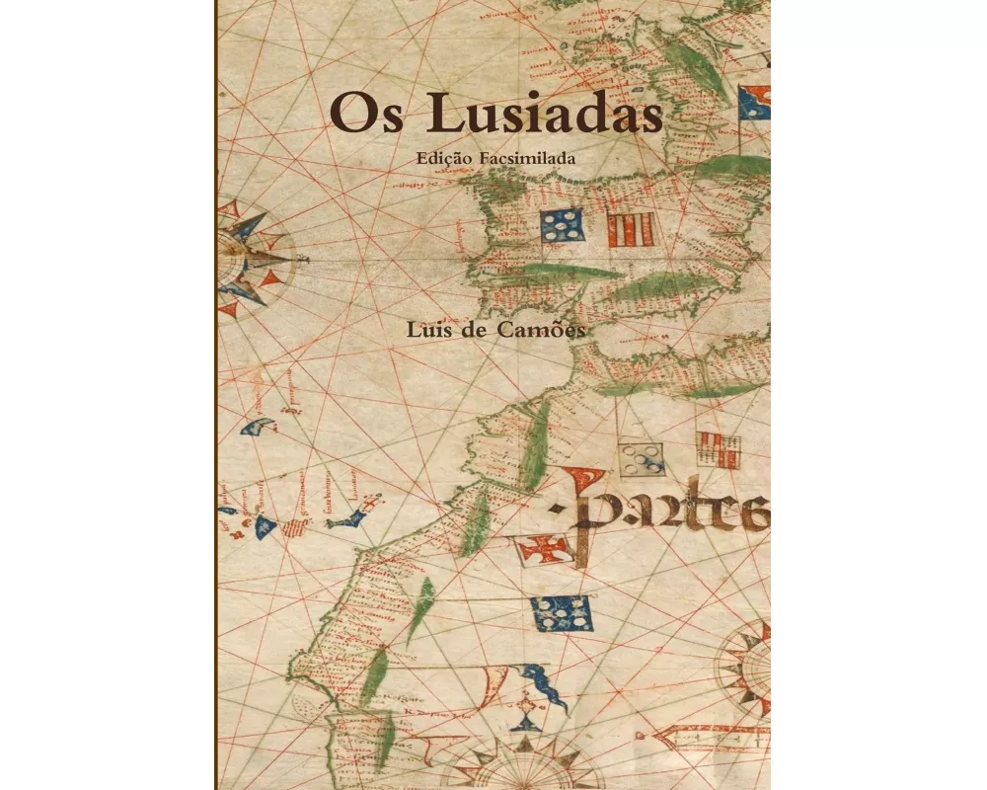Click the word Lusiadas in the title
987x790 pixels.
(535, 115)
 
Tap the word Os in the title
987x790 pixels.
(359, 115)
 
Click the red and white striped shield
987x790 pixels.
(629, 229)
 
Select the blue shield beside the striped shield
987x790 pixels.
(562, 226)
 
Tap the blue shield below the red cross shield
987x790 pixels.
(563, 613)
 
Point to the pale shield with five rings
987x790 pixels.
(641, 457)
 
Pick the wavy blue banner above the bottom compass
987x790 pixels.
(543, 684)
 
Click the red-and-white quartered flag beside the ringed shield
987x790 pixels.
(719, 449)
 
